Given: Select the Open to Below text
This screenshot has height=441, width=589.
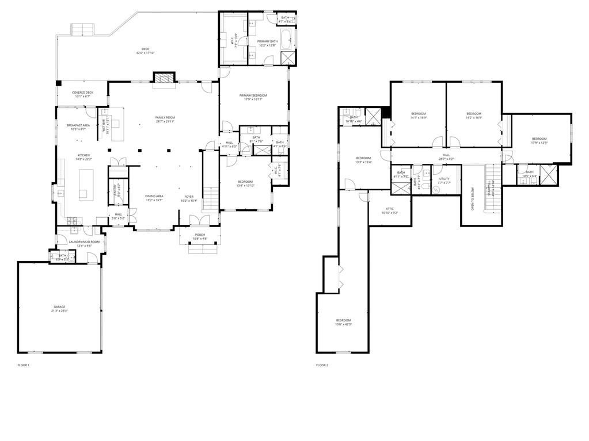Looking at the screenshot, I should pos(472,198).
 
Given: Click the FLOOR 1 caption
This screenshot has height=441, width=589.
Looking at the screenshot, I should pos(24,365).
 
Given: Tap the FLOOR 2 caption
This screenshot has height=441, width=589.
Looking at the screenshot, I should pos(322,365).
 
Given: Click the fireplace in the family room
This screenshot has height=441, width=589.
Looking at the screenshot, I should pos(163,79).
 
